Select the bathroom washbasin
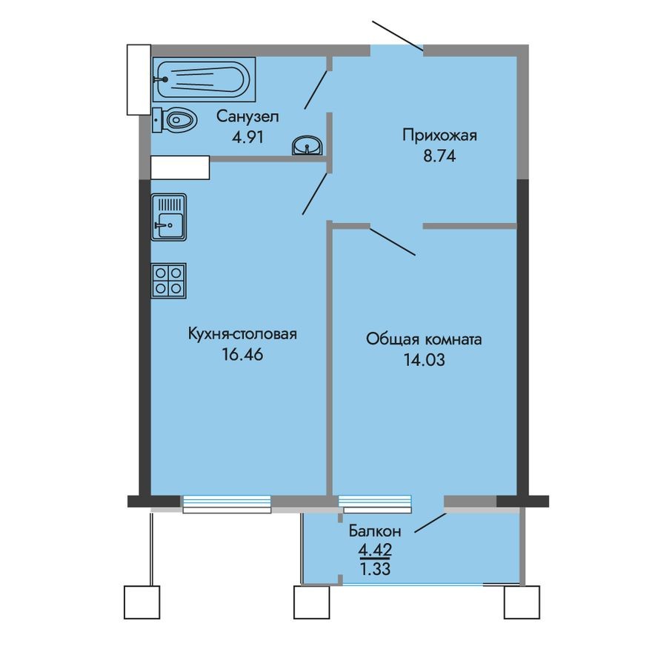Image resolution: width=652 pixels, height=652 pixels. (x=307, y=145)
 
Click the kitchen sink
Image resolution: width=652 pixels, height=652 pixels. (x=168, y=216)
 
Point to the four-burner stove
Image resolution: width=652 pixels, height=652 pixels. (x=168, y=280)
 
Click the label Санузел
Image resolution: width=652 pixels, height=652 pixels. (x=247, y=116)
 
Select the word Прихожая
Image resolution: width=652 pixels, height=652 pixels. (x=440, y=136)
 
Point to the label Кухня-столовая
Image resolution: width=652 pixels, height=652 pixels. (x=242, y=334)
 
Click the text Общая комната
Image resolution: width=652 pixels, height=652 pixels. (x=424, y=340)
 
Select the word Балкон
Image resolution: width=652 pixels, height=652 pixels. (x=375, y=530)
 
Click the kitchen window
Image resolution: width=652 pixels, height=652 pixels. (x=226, y=504)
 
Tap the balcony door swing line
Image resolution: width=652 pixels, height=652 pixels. (x=430, y=522)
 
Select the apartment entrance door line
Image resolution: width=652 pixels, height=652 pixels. (x=398, y=36)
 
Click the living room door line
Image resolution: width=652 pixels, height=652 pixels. (x=393, y=241)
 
